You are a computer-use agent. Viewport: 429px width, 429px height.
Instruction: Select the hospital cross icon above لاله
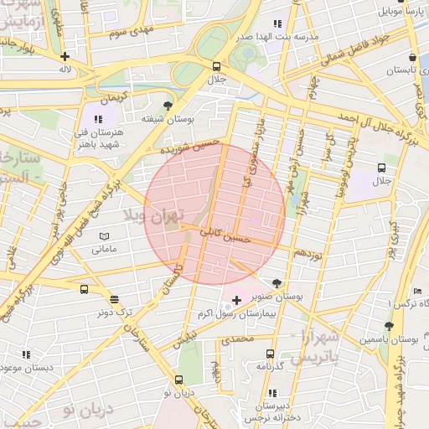[65, 57]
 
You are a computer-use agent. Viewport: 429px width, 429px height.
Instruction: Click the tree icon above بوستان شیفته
[168, 106]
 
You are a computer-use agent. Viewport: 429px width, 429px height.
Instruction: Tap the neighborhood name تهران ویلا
[153, 217]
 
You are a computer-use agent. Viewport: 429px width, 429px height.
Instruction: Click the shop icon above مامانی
[104, 235]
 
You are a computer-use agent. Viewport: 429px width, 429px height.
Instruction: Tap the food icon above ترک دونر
[114, 299]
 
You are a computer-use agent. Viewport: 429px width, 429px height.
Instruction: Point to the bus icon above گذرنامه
[270, 354]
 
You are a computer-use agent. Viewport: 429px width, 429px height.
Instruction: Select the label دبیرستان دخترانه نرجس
[271, 409]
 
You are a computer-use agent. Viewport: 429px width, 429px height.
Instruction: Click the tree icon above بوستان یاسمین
[388, 325]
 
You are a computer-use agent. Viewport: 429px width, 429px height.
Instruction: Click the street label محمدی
[236, 340]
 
